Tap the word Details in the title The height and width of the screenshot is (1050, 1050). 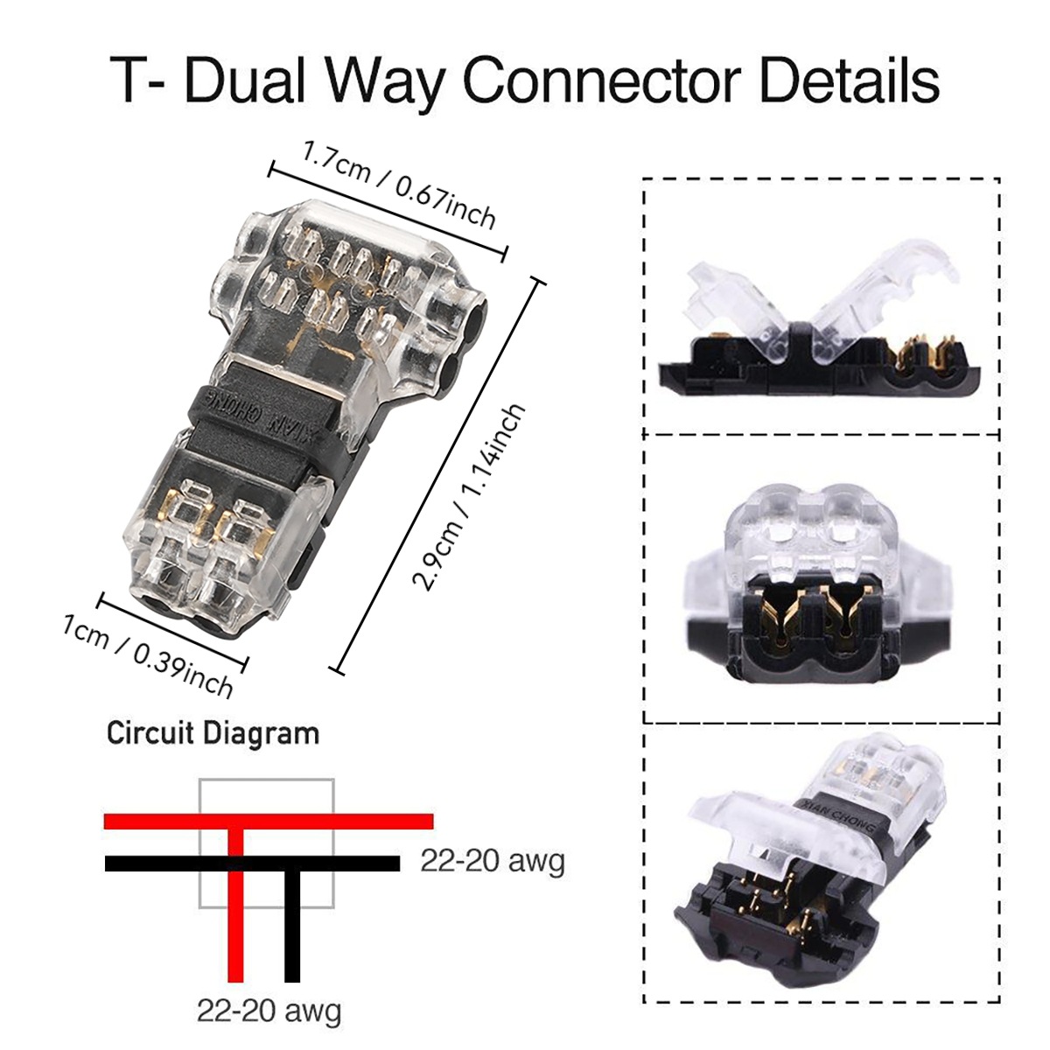(848, 80)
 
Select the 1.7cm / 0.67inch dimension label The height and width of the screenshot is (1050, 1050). (399, 183)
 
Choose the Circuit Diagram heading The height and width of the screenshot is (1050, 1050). (213, 733)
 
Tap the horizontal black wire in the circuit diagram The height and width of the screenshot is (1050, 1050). (157, 864)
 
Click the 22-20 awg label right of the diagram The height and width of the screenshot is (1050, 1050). (493, 861)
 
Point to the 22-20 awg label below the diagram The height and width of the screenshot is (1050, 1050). (269, 1011)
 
